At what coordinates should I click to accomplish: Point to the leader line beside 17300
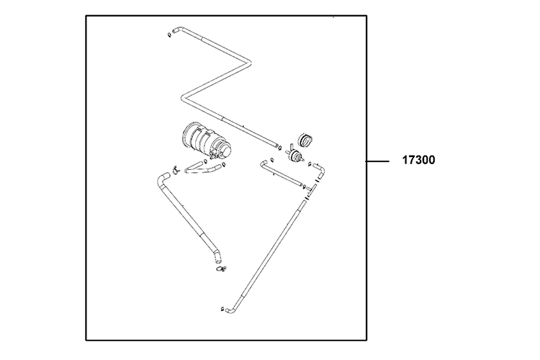(379, 161)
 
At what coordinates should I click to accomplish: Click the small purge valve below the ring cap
(294, 156)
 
